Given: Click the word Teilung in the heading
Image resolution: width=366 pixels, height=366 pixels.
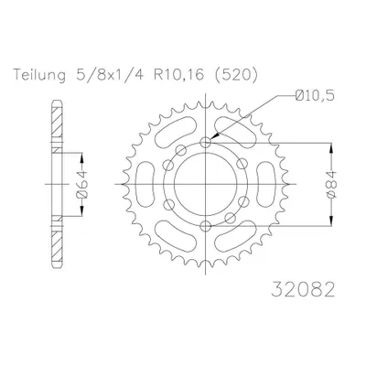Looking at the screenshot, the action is point(39,76).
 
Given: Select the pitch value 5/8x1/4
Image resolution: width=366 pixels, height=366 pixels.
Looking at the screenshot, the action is point(111,75).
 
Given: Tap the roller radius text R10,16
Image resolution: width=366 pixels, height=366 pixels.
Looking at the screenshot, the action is point(178,75).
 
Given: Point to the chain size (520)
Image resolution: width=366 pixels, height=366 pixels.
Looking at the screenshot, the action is point(234,75).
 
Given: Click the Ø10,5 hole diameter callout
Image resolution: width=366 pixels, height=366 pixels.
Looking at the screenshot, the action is point(315,96).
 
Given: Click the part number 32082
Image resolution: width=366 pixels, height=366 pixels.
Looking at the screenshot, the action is point(303,289).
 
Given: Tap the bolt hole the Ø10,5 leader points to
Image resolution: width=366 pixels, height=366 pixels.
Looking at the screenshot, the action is point(206,142).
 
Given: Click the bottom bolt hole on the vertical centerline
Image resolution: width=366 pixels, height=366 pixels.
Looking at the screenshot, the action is point(206,226).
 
